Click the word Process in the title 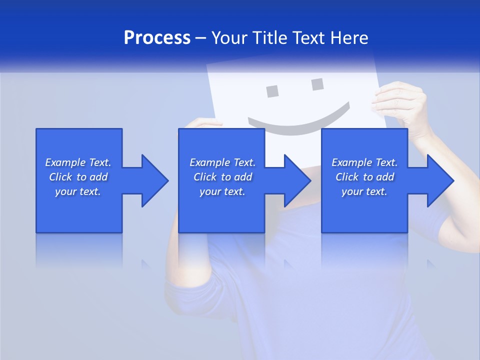pyautogui.click(x=157, y=38)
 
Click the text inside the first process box pyautogui.click(x=78, y=177)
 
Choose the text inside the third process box pyautogui.click(x=364, y=177)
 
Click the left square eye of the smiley pyautogui.click(x=272, y=91)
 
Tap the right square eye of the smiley pyautogui.click(x=317, y=84)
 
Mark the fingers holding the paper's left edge pyautogui.click(x=205, y=123)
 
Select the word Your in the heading pyautogui.click(x=229, y=38)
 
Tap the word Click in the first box pyautogui.click(x=61, y=177)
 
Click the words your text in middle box pyautogui.click(x=222, y=191)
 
